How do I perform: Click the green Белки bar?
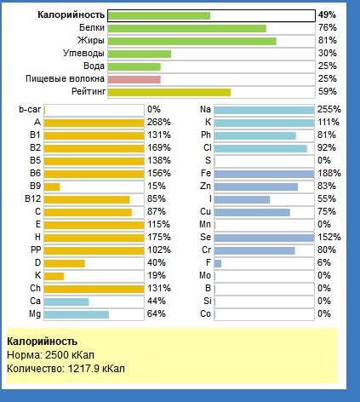(187, 28)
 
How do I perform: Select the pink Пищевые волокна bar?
(134, 79)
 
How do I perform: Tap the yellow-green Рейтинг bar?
(169, 92)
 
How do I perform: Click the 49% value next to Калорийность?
(327, 14)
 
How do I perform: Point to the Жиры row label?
(91, 40)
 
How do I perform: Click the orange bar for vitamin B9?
(52, 187)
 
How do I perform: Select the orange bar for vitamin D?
(65, 263)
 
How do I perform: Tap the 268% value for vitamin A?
(159, 122)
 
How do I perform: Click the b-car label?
(30, 109)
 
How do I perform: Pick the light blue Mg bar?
(77, 314)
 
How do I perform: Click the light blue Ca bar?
(66, 301)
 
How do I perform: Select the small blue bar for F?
(218, 263)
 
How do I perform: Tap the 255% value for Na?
(329, 109)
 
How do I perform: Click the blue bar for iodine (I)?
(242, 199)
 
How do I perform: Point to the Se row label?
(205, 237)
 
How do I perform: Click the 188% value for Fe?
(329, 173)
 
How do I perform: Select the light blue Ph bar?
(255, 135)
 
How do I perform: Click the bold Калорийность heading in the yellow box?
(42, 342)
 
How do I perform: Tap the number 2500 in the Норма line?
(57, 355)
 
